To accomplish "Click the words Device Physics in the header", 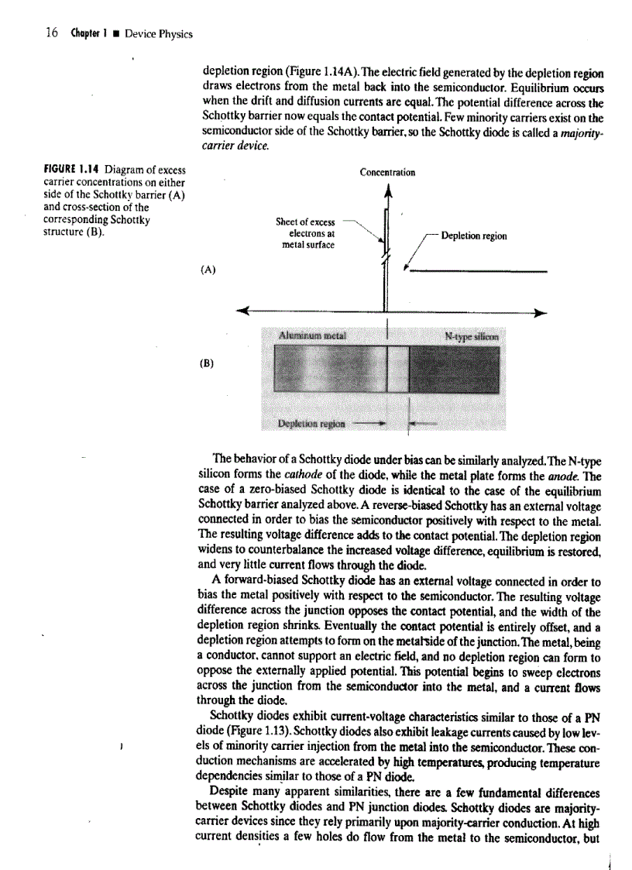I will (x=159, y=34).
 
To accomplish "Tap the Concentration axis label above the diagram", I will (x=387, y=173).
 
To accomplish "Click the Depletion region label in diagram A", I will (x=473, y=236).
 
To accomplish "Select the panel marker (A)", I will (x=207, y=270).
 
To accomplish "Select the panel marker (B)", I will (x=207, y=362).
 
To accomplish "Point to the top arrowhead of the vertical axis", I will (x=385, y=192).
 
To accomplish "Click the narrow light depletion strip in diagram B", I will (x=397, y=372).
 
